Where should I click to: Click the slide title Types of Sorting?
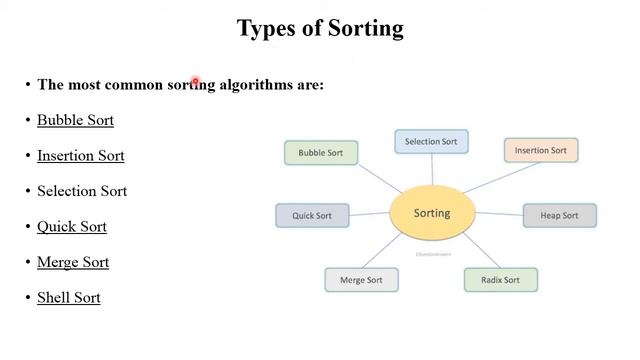pyautogui.click(x=320, y=28)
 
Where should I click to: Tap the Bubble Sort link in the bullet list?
pyautogui.click(x=75, y=120)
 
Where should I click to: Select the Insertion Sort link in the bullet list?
pyautogui.click(x=80, y=155)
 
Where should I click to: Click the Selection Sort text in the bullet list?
pyautogui.click(x=82, y=191)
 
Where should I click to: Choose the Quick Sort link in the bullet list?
pyautogui.click(x=72, y=226)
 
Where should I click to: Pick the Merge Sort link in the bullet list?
pyautogui.click(x=73, y=262)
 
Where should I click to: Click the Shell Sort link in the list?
pyautogui.click(x=69, y=297)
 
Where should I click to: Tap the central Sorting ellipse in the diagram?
pyautogui.click(x=432, y=213)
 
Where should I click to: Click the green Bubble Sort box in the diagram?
pyautogui.click(x=321, y=153)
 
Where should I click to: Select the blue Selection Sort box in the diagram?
pyautogui.click(x=431, y=142)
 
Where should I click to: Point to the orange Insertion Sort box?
pyautogui.click(x=541, y=151)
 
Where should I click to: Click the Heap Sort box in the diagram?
pyautogui.click(x=559, y=215)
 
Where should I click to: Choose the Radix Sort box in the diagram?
pyautogui.click(x=500, y=280)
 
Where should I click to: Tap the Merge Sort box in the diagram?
pyautogui.click(x=361, y=280)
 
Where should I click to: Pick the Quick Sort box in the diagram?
pyautogui.click(x=312, y=215)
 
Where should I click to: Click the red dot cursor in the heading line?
pyautogui.click(x=196, y=83)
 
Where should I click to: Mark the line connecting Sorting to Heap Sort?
pyautogui.click(x=499, y=214)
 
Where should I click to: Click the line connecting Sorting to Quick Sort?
pyautogui.click(x=368, y=214)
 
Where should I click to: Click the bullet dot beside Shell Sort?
pyautogui.click(x=28, y=297)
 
